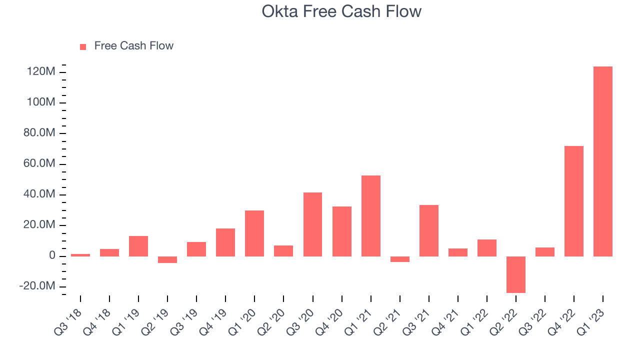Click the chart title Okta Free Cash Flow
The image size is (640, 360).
click(341, 11)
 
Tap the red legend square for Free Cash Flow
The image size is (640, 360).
click(83, 47)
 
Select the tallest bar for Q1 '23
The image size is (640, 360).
click(603, 161)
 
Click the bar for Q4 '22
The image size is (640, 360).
click(574, 201)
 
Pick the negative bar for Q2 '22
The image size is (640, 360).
click(516, 274)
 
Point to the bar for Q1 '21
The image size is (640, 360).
click(371, 216)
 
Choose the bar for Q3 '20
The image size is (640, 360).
click(313, 224)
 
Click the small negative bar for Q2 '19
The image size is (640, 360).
click(167, 259)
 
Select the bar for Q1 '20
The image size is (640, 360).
click(254, 233)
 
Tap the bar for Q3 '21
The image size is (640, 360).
click(429, 231)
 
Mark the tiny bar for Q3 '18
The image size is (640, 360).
click(80, 255)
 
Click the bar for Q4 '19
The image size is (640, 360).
click(225, 242)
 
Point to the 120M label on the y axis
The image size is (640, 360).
click(41, 71)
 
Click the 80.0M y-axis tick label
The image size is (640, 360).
click(39, 133)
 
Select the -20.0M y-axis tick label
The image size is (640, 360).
click(37, 285)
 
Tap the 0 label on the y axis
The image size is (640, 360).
click(52, 255)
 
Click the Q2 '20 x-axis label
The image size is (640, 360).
click(271, 322)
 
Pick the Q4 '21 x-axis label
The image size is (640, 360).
click(445, 322)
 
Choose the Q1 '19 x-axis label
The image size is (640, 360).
click(126, 322)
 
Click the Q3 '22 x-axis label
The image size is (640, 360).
click(532, 322)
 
